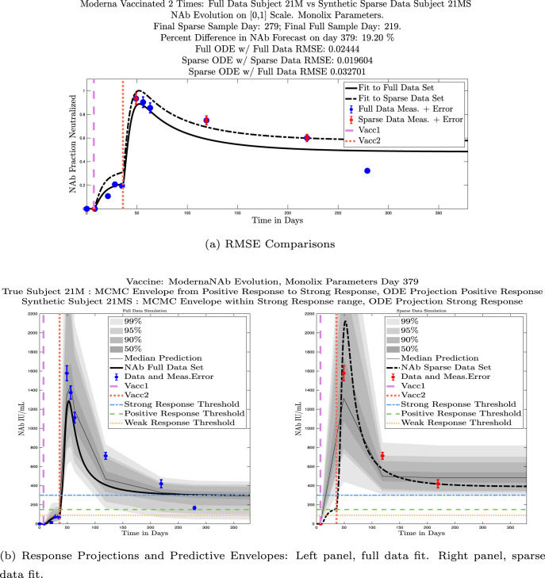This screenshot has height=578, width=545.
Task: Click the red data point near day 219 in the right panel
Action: pos(437,483)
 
